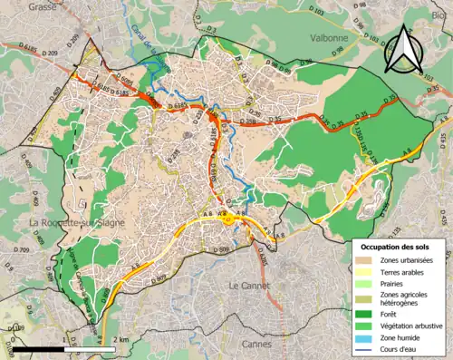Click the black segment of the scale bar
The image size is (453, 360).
36,348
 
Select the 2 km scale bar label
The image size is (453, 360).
120,339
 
